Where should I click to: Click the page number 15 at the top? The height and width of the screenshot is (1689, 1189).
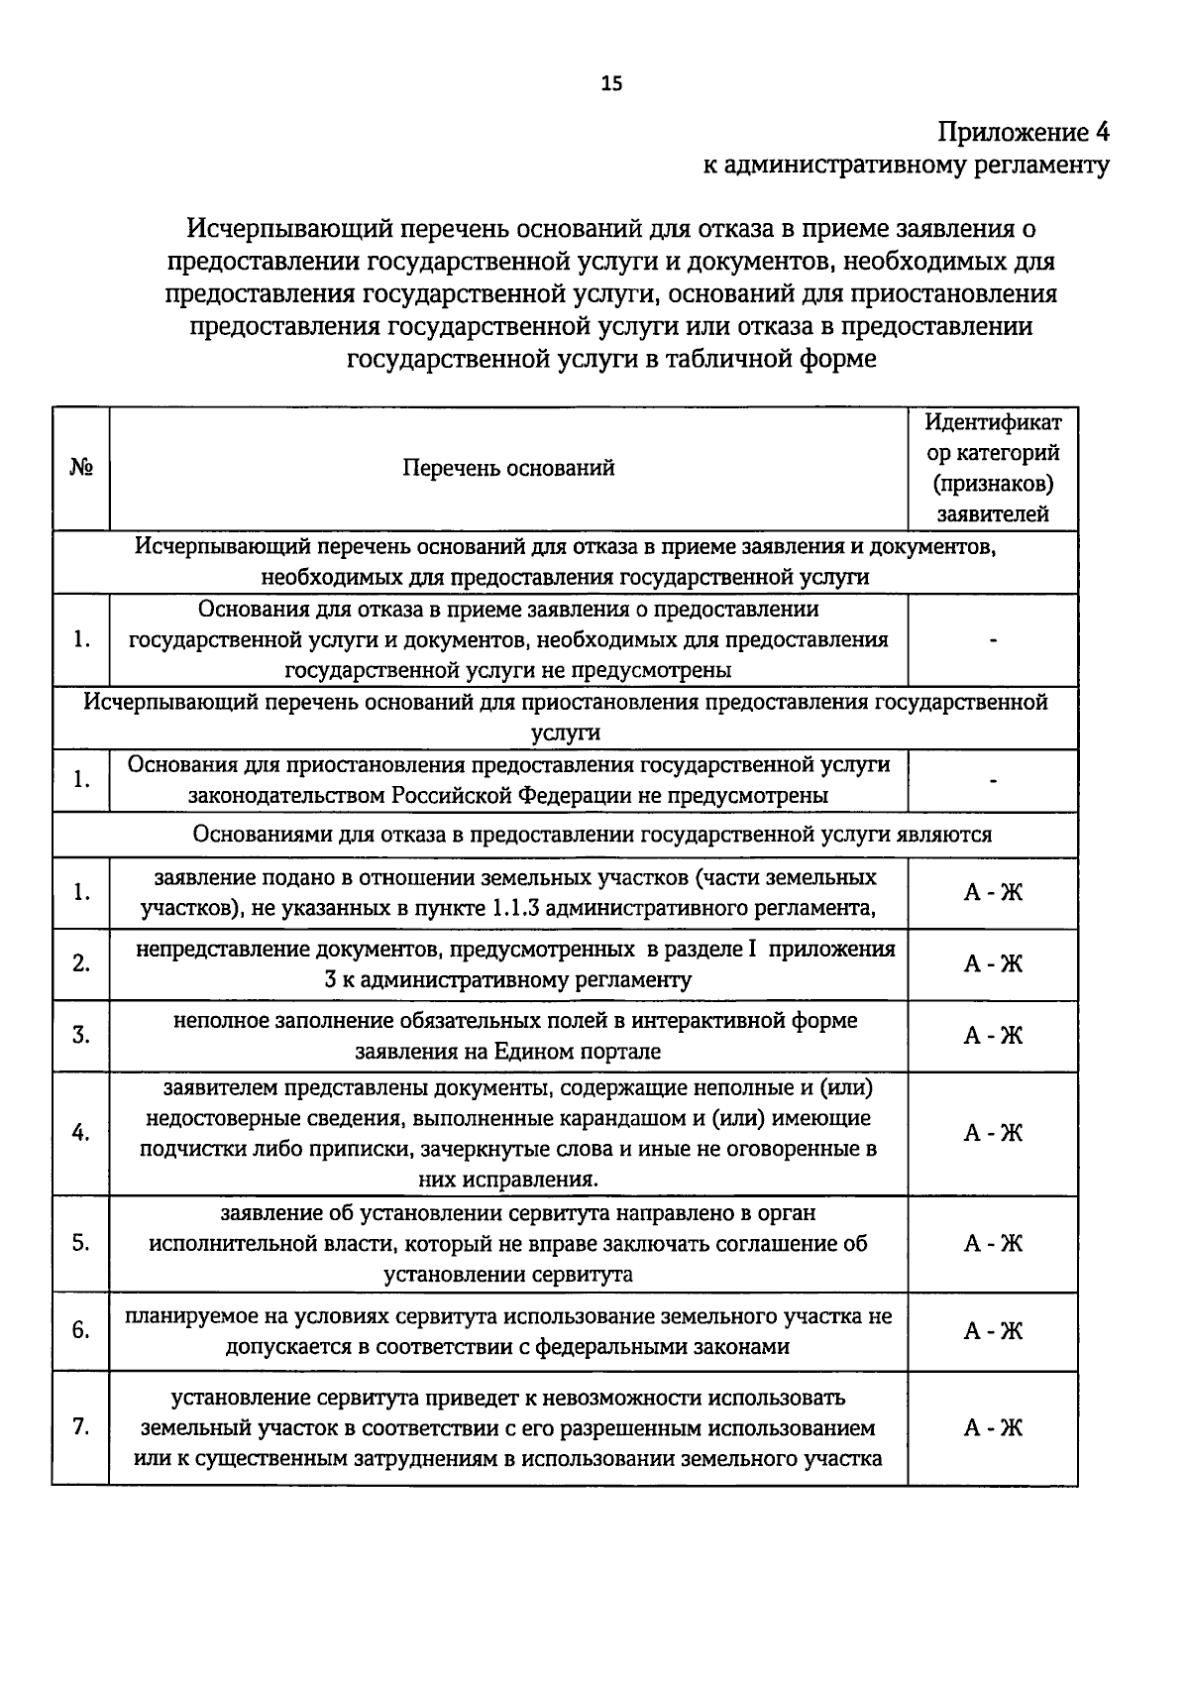click(x=611, y=84)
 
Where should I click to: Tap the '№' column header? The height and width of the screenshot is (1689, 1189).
click(x=81, y=468)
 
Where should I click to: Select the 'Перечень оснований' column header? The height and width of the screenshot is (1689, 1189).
click(x=508, y=468)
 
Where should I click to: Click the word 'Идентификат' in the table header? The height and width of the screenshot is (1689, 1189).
click(x=993, y=422)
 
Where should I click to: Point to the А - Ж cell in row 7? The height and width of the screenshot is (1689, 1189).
click(x=993, y=1428)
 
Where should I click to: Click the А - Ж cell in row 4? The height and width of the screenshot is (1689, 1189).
click(x=993, y=1133)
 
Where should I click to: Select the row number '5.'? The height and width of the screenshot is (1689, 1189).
click(x=81, y=1243)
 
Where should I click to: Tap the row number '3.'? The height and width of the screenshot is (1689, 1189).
click(x=81, y=1036)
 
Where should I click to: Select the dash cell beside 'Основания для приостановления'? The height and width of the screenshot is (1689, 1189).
click(x=993, y=780)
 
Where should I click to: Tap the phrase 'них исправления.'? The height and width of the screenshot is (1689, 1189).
click(x=508, y=1180)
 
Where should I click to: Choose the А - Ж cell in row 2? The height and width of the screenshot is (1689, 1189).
click(x=993, y=963)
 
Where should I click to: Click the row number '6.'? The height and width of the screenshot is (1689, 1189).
click(x=81, y=1331)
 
